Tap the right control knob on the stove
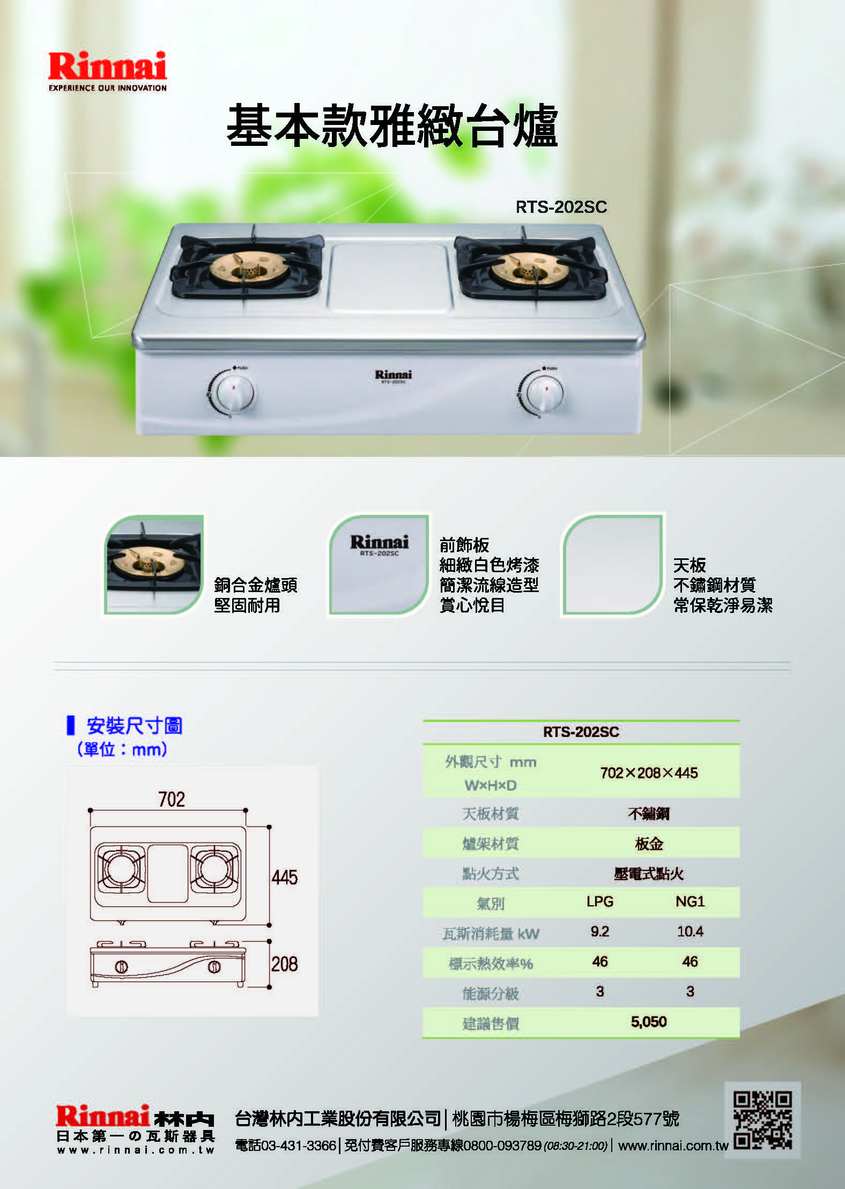point(545,393)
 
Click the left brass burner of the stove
point(248,268)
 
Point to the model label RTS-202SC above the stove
point(561,207)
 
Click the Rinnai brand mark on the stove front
point(394,374)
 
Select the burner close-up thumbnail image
point(154,564)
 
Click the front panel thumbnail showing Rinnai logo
point(379,565)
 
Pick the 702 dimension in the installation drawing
point(172,799)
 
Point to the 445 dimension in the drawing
point(285,877)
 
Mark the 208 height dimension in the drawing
point(285,964)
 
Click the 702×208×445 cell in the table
point(649,773)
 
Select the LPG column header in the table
point(600,902)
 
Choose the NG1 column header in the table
point(690,902)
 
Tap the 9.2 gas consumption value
point(600,932)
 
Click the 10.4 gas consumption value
point(690,932)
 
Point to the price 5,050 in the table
point(649,1022)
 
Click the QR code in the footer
point(762,1120)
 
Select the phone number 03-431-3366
point(299,1146)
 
